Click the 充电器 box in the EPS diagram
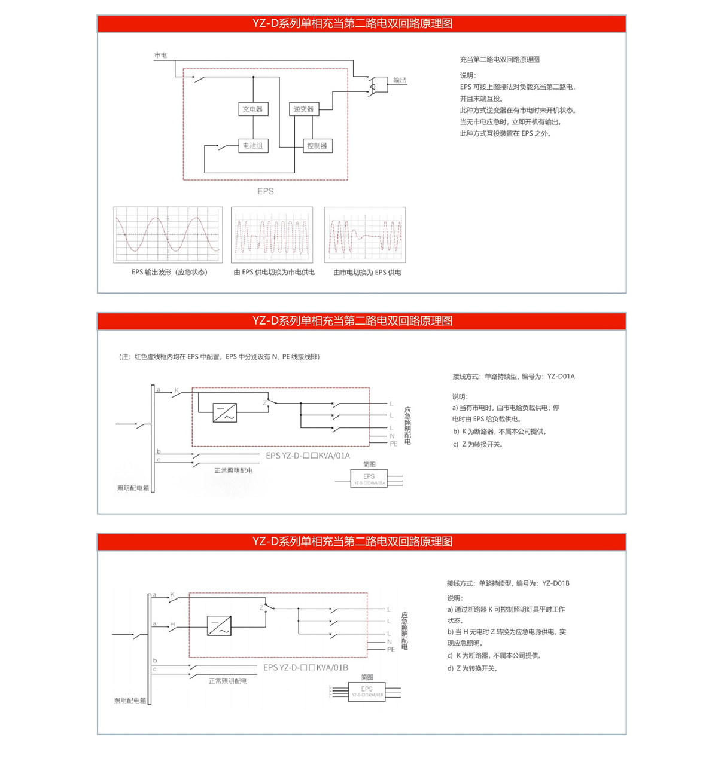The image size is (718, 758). point(252,109)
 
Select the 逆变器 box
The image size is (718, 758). point(303,109)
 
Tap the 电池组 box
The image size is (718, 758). point(252,145)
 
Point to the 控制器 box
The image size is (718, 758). point(317,146)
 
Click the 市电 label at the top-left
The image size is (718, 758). point(160,55)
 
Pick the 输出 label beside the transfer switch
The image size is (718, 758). point(400,80)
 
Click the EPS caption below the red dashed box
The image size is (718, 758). point(266,191)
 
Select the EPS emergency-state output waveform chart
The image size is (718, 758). point(168,235)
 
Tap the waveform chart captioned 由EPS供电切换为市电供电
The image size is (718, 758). point(272,235)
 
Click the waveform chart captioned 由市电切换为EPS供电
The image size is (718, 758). point(365,235)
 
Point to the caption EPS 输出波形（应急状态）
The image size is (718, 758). point(169,272)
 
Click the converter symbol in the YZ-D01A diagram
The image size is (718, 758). point(225,412)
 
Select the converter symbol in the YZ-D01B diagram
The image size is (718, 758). point(219,626)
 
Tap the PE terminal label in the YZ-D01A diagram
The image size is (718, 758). point(394,444)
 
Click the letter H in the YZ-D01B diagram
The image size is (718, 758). point(172,625)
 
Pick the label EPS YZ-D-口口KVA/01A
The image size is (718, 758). point(308,456)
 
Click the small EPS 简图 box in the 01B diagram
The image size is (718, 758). point(367,692)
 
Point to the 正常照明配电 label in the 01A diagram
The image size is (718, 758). point(233,470)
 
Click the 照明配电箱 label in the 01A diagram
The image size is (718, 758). point(133,488)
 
